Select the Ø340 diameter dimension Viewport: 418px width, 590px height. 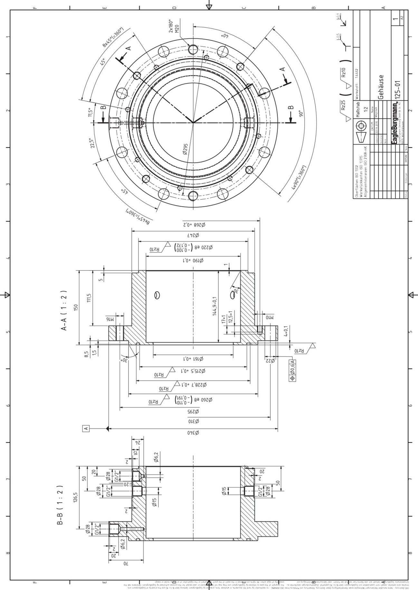coord(193,433)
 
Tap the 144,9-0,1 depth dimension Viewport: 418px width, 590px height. coord(215,306)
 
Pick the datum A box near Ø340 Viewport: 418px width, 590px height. coord(86,429)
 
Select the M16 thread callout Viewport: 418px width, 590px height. coord(110,319)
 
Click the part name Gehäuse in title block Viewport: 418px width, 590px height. coord(381,87)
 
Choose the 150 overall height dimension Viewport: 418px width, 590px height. coord(76,308)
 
